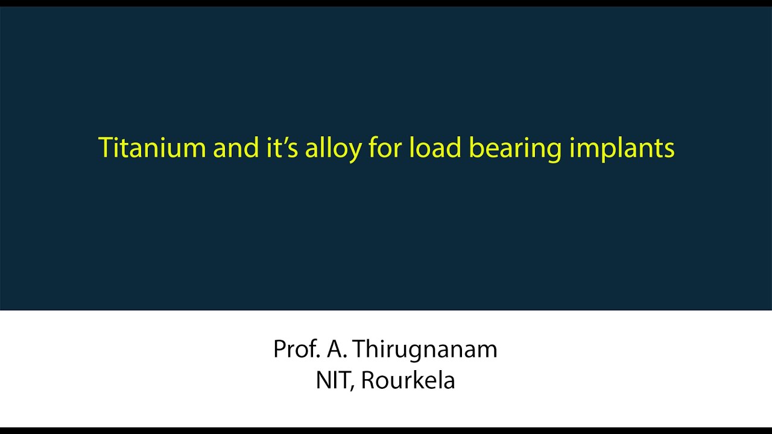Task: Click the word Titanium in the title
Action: (153, 148)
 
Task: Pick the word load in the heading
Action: (435, 148)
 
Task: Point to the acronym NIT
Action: (332, 380)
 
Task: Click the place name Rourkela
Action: (408, 380)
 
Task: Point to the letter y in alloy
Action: (354, 151)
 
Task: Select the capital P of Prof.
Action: (280, 349)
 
